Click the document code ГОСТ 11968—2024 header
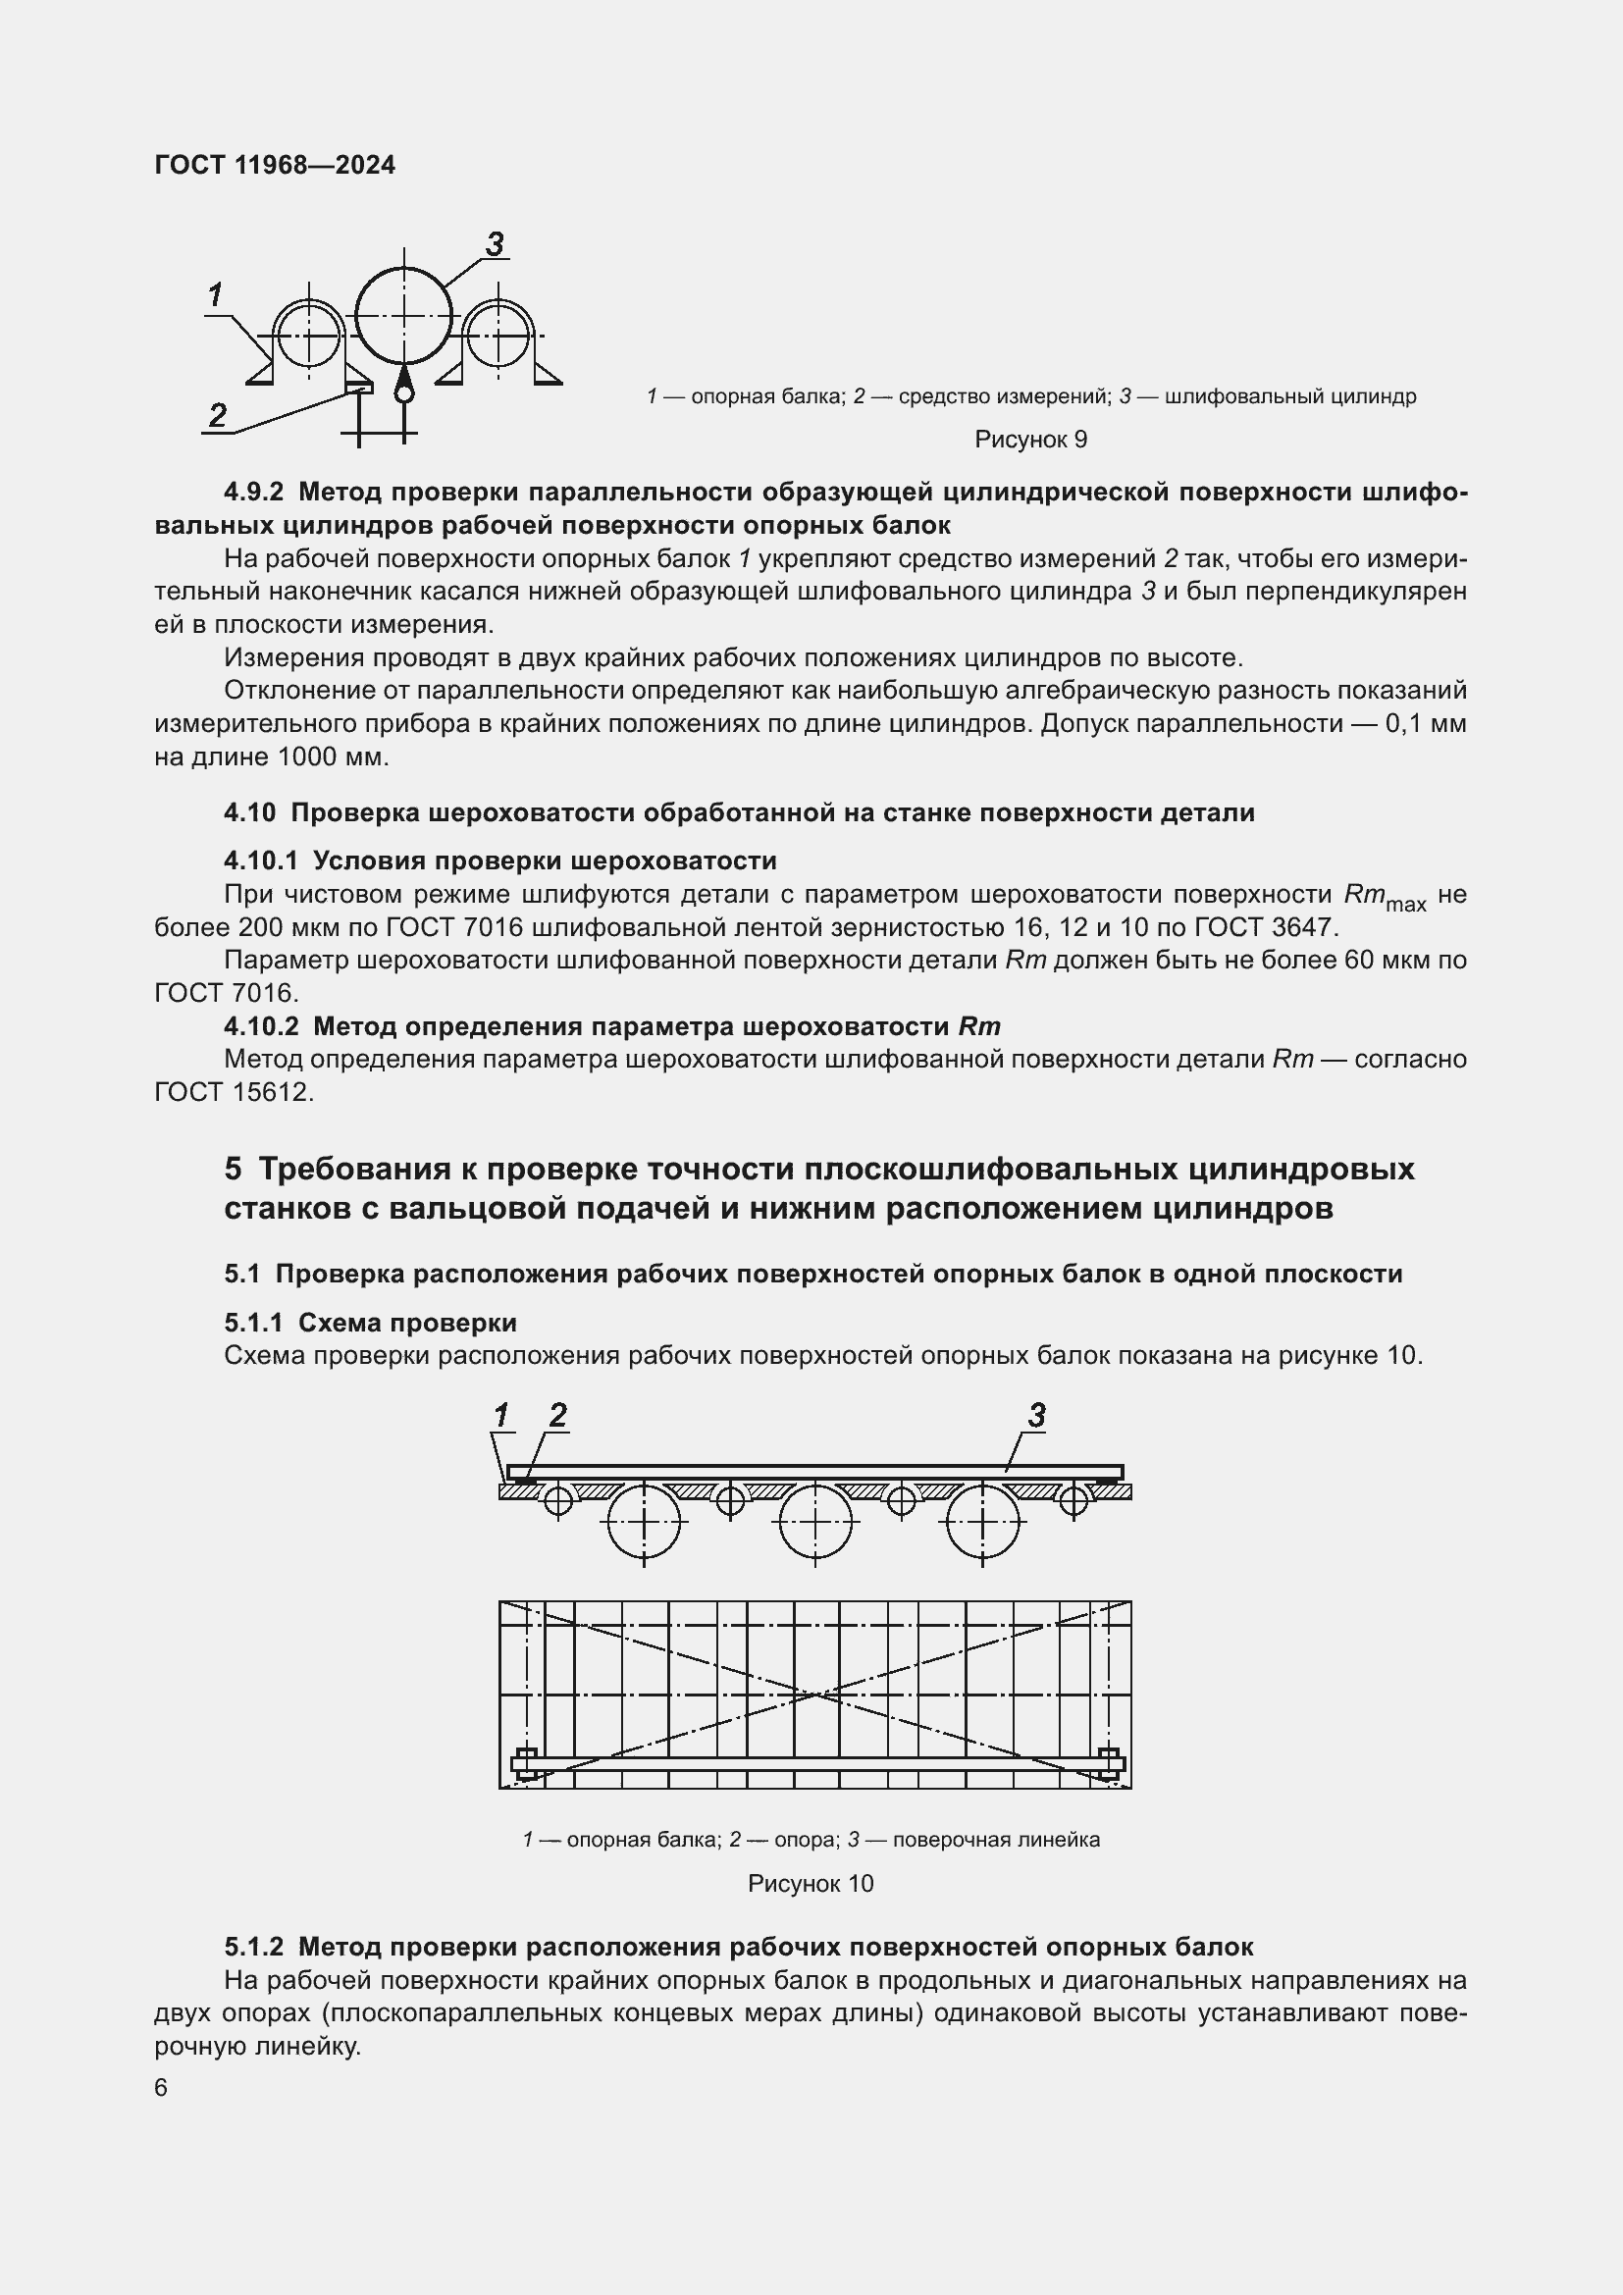tap(275, 165)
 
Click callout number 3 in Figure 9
tap(495, 244)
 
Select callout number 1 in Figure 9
tap(215, 295)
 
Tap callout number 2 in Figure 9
tap(218, 414)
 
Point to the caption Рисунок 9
tap(1030, 440)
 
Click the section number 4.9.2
tap(254, 492)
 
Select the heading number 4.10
tap(249, 812)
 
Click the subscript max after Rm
tap(1405, 905)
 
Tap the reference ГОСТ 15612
tap(234, 1092)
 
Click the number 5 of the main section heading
tap(233, 1169)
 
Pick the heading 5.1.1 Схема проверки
tap(370, 1323)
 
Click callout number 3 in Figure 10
tap(1036, 1416)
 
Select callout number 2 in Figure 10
tap(557, 1415)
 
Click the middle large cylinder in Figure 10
tap(815, 1524)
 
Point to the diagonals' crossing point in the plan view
tap(816, 1695)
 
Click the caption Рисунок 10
tap(811, 1883)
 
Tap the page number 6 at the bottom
tap(161, 2088)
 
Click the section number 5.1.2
tap(254, 1947)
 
